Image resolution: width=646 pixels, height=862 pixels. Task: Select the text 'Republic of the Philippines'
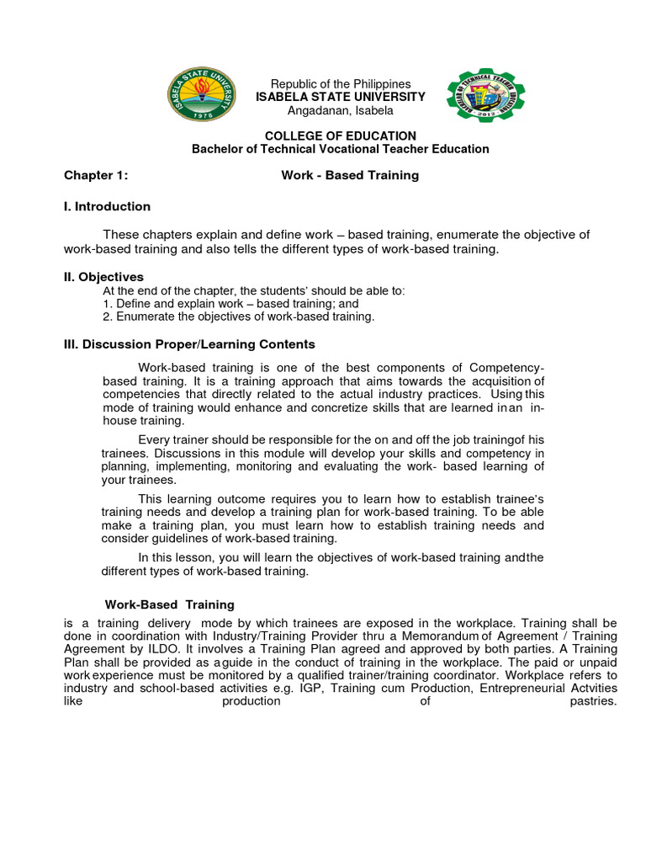click(x=340, y=84)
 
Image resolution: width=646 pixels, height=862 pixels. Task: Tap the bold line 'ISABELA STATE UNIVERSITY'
click(x=340, y=98)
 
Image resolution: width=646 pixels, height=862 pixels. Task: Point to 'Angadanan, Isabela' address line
click(x=340, y=111)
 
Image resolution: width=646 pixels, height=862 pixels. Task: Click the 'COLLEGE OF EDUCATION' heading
click(x=340, y=136)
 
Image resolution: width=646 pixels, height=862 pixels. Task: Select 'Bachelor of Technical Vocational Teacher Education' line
click(x=340, y=149)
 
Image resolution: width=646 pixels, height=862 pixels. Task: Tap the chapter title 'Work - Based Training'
click(x=349, y=176)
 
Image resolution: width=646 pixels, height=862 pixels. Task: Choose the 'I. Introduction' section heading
click(x=108, y=206)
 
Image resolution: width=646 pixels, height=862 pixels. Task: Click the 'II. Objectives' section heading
click(x=104, y=277)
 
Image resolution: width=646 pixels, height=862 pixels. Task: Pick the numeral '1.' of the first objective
click(x=107, y=304)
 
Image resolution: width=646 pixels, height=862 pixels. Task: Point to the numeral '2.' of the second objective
click(x=107, y=317)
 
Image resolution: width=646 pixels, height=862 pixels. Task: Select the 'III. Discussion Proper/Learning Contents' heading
click(x=190, y=344)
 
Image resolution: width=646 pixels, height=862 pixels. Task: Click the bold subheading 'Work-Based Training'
click(x=169, y=604)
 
